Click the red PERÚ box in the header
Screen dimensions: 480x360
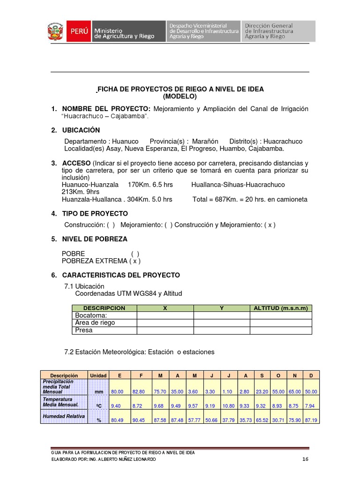79,32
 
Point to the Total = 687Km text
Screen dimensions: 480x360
216,199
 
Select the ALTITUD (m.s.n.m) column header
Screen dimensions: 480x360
280,308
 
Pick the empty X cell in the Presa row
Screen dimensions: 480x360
165,330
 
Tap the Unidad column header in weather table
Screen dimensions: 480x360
98,375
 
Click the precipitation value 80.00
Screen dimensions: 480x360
118,392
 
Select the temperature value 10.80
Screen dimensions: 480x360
227,406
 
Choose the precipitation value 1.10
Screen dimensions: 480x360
227,392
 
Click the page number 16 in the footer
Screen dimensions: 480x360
305,459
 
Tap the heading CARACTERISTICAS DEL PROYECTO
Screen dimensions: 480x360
121,275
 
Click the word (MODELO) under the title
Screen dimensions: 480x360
180,97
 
